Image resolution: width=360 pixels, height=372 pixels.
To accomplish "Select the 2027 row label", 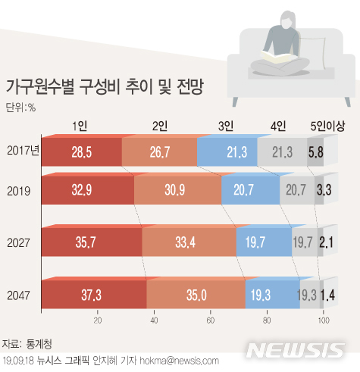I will click(x=20, y=242).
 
